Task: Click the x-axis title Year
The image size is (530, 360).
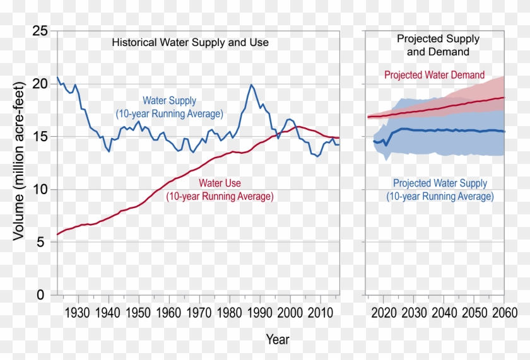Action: tap(278, 339)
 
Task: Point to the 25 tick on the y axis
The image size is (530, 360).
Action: tap(40, 31)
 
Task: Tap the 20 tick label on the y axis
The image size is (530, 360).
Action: tap(40, 84)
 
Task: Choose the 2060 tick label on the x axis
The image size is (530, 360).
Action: tap(503, 313)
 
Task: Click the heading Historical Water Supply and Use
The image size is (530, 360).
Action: tap(190, 43)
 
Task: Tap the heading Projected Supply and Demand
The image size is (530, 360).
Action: tap(438, 45)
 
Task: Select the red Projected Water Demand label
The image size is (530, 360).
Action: tap(435, 75)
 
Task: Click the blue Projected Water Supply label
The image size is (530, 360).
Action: tap(440, 190)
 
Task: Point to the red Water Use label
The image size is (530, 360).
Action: tap(220, 190)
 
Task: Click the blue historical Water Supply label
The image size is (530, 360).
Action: tap(169, 107)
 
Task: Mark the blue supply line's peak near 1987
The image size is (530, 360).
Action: tap(251, 84)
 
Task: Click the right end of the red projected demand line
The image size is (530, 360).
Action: tap(504, 97)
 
